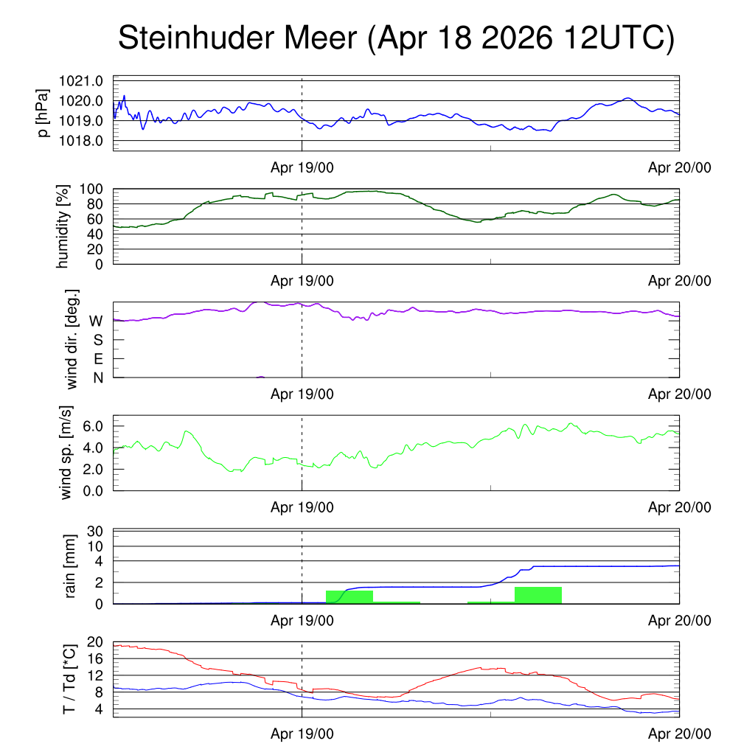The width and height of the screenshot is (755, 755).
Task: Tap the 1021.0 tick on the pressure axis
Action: [x=81, y=81]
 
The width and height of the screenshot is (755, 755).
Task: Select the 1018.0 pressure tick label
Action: [x=81, y=141]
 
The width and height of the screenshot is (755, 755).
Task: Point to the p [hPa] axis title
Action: [x=44, y=113]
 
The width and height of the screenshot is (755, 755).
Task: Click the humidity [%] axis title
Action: [x=63, y=226]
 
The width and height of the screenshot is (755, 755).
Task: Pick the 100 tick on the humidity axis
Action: [x=91, y=189]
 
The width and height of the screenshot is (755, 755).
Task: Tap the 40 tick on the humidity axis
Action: [x=95, y=234]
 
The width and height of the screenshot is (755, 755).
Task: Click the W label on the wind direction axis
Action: [x=97, y=321]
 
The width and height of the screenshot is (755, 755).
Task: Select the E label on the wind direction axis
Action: [x=98, y=359]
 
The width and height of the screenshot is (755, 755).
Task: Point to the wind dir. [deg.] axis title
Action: [x=72, y=339]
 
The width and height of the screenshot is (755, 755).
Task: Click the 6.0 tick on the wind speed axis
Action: [x=93, y=426]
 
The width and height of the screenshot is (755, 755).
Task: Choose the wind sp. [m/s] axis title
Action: [x=66, y=453]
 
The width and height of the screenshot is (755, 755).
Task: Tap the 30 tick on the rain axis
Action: [x=95, y=531]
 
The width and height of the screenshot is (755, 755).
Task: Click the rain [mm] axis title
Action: [x=70, y=566]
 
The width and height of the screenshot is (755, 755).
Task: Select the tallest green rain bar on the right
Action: [x=538, y=595]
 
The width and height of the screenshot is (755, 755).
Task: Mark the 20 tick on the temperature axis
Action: [x=95, y=642]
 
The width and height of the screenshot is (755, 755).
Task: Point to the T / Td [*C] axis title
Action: [x=69, y=679]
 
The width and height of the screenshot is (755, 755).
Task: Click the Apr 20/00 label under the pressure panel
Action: [x=679, y=167]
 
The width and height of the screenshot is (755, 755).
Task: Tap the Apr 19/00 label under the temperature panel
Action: [x=302, y=734]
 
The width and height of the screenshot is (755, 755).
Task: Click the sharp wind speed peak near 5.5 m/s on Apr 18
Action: [x=187, y=431]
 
